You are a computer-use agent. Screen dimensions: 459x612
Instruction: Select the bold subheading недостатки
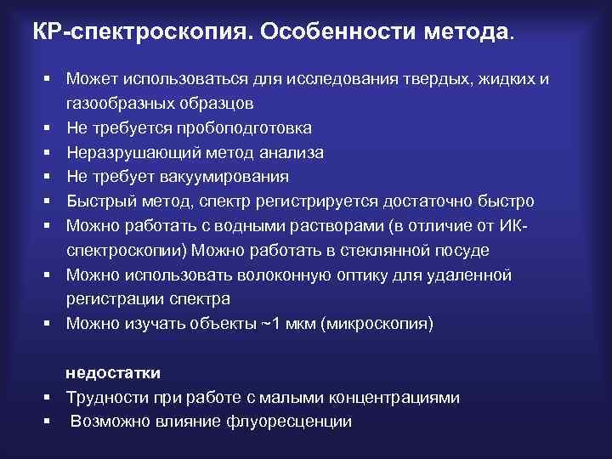[113, 373]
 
